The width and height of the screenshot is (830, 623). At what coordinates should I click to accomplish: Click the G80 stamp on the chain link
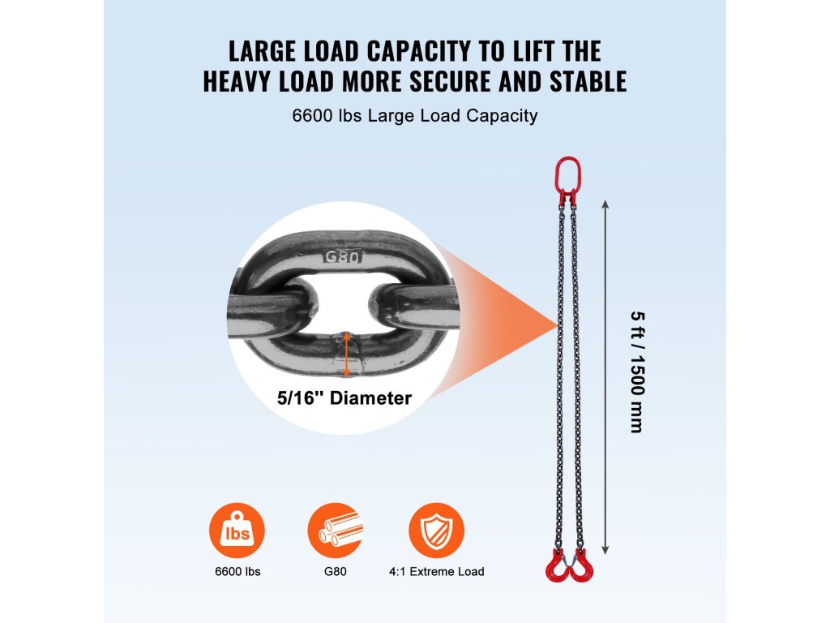(x=342, y=256)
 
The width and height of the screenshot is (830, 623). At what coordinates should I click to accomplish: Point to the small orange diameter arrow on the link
(x=346, y=354)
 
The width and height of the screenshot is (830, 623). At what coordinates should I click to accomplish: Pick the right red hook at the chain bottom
(x=581, y=565)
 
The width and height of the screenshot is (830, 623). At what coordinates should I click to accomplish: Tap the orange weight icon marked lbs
(x=237, y=531)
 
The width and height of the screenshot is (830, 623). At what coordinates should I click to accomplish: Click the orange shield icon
(x=436, y=531)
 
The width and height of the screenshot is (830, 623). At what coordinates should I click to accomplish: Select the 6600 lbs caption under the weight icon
(x=237, y=572)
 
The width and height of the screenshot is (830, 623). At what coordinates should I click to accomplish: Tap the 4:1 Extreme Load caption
(x=436, y=572)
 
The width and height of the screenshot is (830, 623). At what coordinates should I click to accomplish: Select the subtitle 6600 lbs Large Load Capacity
(x=415, y=116)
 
